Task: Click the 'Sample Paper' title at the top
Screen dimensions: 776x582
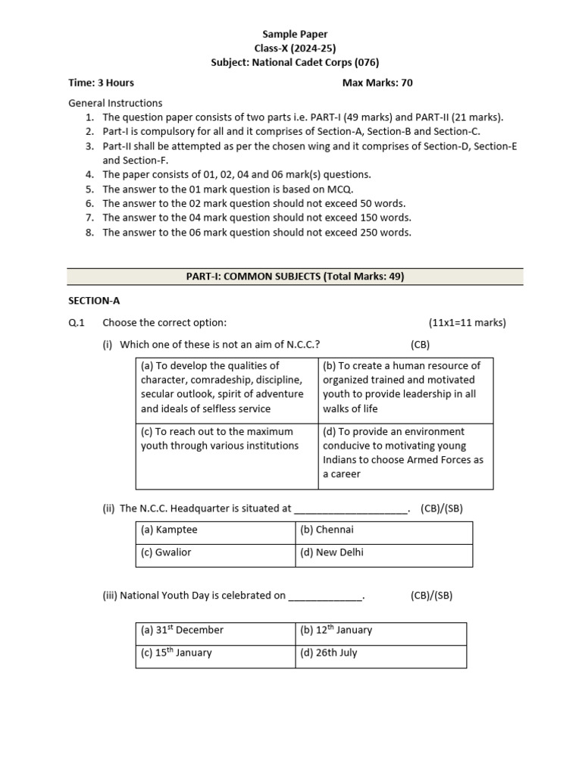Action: pyautogui.click(x=295, y=34)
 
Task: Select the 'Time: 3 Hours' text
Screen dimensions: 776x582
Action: pyautogui.click(x=101, y=83)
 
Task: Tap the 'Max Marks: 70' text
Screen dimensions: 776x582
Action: pyautogui.click(x=377, y=83)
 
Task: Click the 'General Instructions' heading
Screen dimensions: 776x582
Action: pyautogui.click(x=115, y=103)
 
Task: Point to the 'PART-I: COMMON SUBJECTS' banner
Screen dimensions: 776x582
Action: pyautogui.click(x=295, y=277)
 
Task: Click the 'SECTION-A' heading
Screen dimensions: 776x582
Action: pyautogui.click(x=94, y=301)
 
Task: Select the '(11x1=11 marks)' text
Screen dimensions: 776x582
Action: pyautogui.click(x=467, y=323)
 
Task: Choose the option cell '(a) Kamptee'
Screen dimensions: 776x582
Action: pyautogui.click(x=215, y=530)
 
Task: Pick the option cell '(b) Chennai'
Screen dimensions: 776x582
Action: pyautogui.click(x=383, y=530)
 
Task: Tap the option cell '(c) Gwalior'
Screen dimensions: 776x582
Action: pyautogui.click(x=215, y=553)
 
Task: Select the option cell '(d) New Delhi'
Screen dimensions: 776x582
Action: pyautogui.click(x=383, y=553)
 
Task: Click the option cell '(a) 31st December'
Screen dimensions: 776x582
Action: pyautogui.click(x=215, y=630)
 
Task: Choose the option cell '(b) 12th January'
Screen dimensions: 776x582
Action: pyautogui.click(x=380, y=630)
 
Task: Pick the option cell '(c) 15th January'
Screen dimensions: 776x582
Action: pyautogui.click(x=215, y=653)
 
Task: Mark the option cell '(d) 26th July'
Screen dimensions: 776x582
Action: pyautogui.click(x=380, y=653)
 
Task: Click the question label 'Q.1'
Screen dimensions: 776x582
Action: pyautogui.click(x=77, y=323)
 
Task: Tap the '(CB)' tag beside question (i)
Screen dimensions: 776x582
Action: pyautogui.click(x=420, y=345)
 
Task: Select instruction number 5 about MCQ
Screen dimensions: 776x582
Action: pyautogui.click(x=227, y=189)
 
